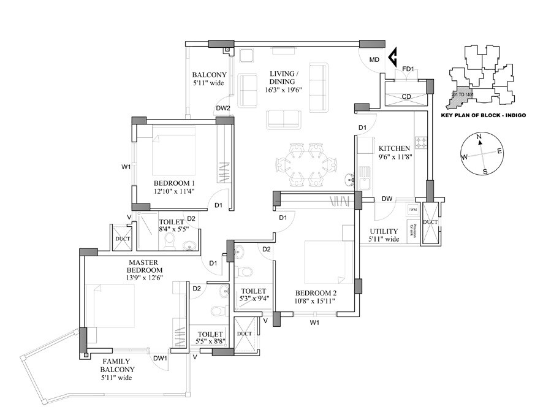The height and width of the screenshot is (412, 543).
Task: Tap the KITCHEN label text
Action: tap(394, 148)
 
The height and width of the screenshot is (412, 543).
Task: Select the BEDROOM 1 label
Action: tap(174, 183)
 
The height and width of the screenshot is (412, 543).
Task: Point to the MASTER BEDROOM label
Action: tap(145, 266)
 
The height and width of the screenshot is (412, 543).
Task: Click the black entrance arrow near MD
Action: tap(395, 58)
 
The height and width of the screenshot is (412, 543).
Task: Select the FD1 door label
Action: tap(409, 69)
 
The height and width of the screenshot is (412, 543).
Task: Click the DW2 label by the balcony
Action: tap(222, 109)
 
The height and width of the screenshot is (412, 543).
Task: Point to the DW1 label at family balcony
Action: tap(160, 359)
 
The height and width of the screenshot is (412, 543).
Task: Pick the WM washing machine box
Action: tap(411, 210)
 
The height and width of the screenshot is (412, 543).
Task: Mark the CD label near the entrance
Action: tap(406, 96)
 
